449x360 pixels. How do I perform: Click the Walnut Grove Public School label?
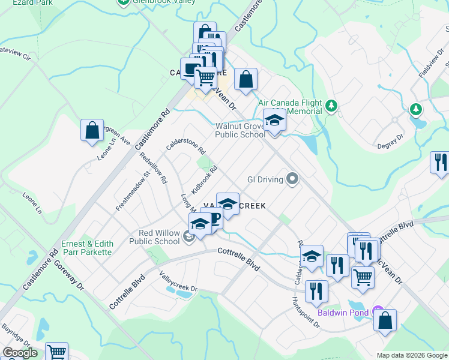coord(240,130)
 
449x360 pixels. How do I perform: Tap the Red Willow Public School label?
coord(154,237)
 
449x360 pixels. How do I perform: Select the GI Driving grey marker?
coord(292,178)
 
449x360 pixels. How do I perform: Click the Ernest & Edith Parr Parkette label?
coord(86,248)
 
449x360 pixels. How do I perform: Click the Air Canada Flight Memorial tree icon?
coord(330,107)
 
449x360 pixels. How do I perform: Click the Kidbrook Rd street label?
coord(204,179)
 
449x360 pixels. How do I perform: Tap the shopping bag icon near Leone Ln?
coord(92,130)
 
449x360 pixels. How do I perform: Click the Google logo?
coord(20,353)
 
